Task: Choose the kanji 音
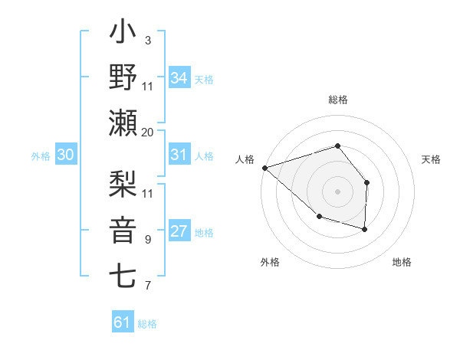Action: click(x=123, y=229)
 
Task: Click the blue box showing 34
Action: click(x=179, y=78)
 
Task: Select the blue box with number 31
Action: click(x=179, y=155)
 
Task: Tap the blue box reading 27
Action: click(x=179, y=232)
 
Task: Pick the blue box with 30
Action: click(x=65, y=155)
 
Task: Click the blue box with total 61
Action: click(x=122, y=322)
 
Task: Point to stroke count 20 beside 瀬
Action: click(x=147, y=133)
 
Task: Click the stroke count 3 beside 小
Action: click(x=147, y=39)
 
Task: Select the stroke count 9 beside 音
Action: click(x=147, y=240)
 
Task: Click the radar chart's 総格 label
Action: click(x=337, y=100)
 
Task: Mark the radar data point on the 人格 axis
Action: click(x=264, y=167)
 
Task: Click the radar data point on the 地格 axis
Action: click(x=365, y=229)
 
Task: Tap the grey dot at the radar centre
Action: click(x=337, y=191)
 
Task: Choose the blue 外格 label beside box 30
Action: click(x=41, y=156)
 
